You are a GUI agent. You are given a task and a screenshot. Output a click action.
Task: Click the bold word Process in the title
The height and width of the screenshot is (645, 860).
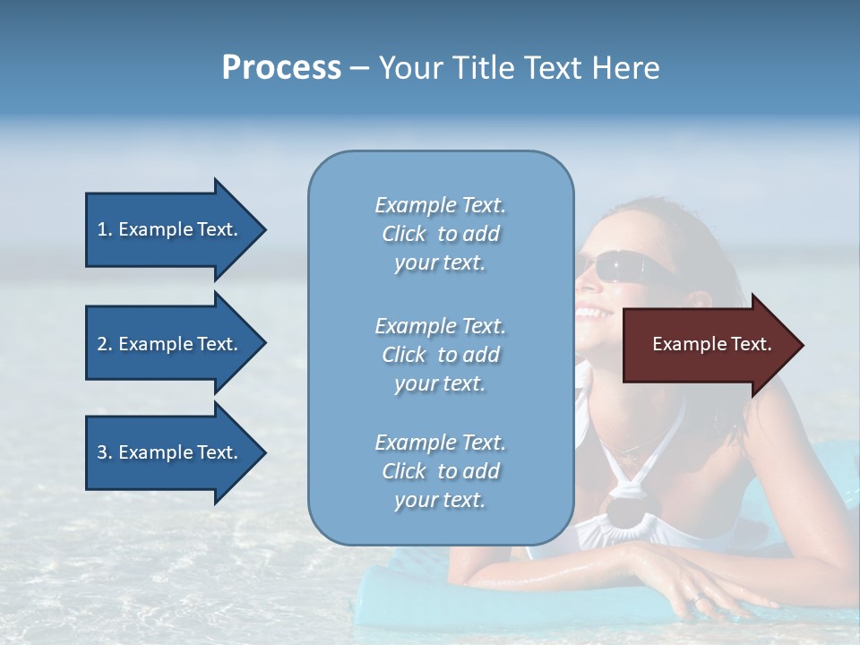(x=281, y=68)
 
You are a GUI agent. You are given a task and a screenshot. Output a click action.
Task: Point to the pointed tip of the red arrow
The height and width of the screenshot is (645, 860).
(x=802, y=345)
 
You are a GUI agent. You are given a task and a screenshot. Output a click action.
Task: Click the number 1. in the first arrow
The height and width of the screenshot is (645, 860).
(x=105, y=229)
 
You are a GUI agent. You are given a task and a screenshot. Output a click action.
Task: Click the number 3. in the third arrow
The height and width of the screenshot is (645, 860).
(x=105, y=452)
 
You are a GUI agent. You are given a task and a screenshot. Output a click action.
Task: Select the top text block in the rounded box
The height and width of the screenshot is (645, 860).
(x=440, y=234)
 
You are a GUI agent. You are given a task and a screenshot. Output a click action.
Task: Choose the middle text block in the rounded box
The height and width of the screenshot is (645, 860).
(x=440, y=355)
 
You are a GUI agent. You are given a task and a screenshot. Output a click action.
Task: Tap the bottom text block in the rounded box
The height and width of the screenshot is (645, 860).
(x=440, y=471)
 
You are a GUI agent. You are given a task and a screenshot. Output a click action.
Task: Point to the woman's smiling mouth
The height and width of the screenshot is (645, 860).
(x=592, y=314)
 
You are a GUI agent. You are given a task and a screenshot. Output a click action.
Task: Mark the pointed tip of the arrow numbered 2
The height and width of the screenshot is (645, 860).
(x=265, y=344)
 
